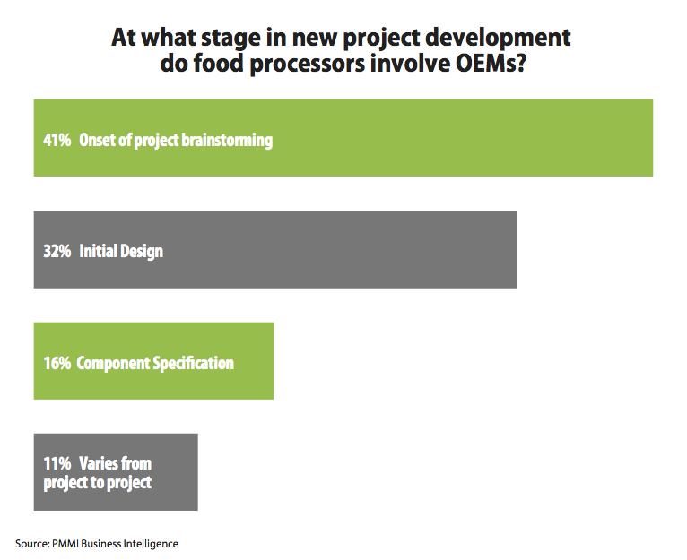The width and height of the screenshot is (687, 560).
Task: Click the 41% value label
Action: (x=57, y=141)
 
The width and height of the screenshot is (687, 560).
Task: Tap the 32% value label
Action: (x=57, y=252)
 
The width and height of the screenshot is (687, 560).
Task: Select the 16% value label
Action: (x=57, y=363)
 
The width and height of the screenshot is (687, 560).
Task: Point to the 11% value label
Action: (x=57, y=463)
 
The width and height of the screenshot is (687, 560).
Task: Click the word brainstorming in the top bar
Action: (x=226, y=141)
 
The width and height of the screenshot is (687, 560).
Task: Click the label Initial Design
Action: (x=121, y=252)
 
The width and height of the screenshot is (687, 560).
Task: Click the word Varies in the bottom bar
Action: (x=102, y=463)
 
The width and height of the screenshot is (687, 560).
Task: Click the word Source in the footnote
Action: (x=30, y=543)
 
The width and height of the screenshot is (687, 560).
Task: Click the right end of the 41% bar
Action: (x=650, y=138)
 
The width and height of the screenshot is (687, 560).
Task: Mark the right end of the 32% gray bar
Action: (x=514, y=250)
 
